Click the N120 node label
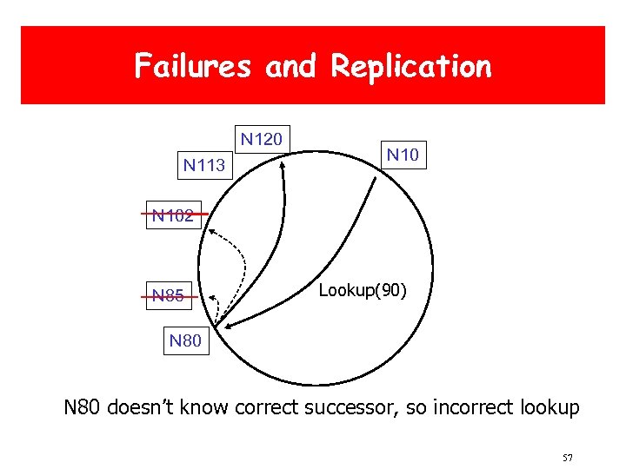[261, 138]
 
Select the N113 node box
[204, 165]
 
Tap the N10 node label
[403, 155]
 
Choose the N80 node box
[185, 340]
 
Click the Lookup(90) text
[362, 290]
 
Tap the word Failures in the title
[194, 66]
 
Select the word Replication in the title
[411, 66]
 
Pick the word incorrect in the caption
[468, 407]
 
